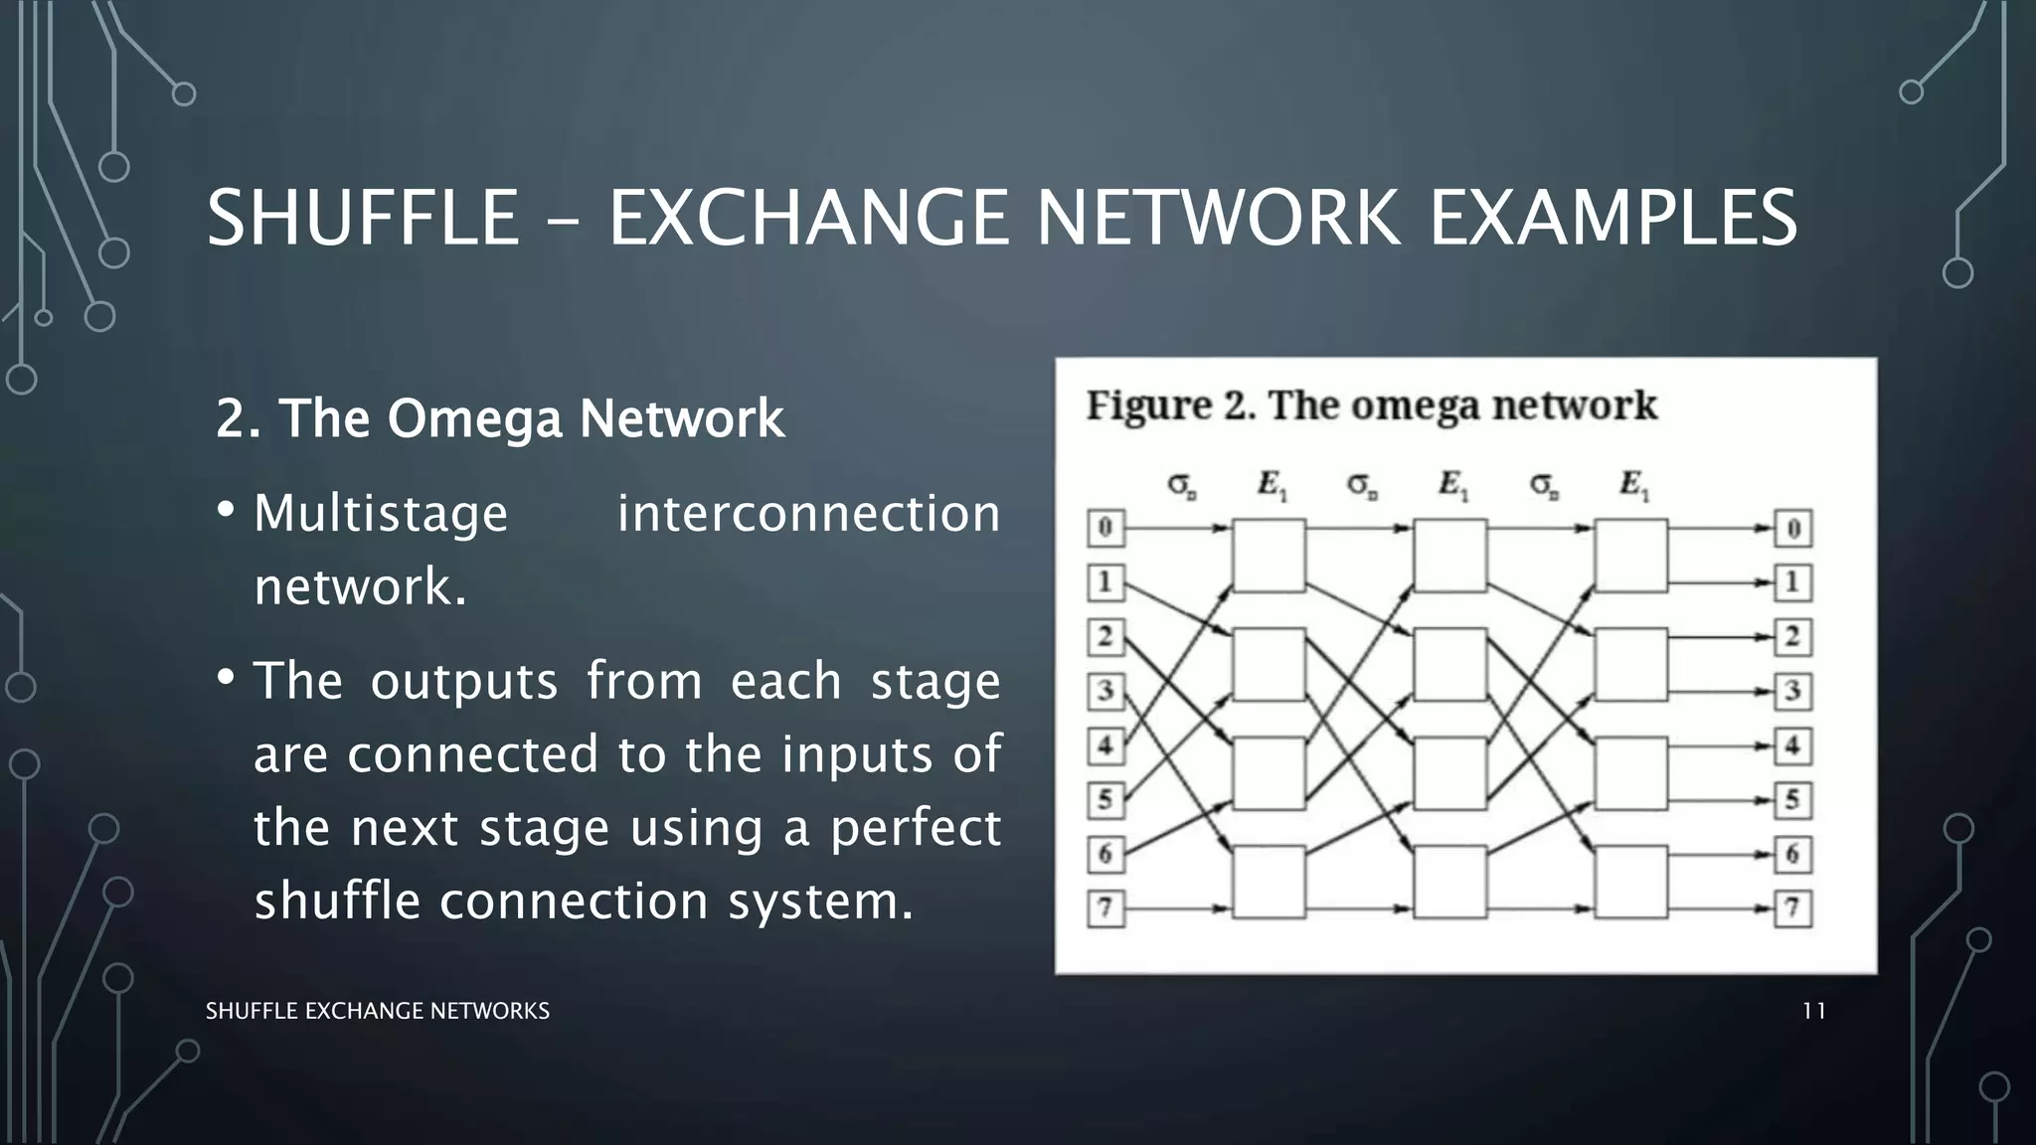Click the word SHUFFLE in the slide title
(363, 219)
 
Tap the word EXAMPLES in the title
(1612, 219)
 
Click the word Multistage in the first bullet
(381, 514)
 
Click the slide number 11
(1813, 1011)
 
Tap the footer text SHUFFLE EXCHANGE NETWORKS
(377, 1011)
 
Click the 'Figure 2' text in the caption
(1170, 406)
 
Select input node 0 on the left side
(1104, 528)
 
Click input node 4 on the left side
(1104, 745)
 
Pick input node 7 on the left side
(1104, 908)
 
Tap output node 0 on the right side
(1793, 528)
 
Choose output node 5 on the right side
(1793, 800)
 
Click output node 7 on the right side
(1793, 908)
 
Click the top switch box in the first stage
(1269, 556)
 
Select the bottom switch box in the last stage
(1630, 882)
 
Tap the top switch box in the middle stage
(1450, 556)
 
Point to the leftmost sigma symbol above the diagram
(1181, 485)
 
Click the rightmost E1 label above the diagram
(1633, 485)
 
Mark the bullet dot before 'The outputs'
(226, 678)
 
